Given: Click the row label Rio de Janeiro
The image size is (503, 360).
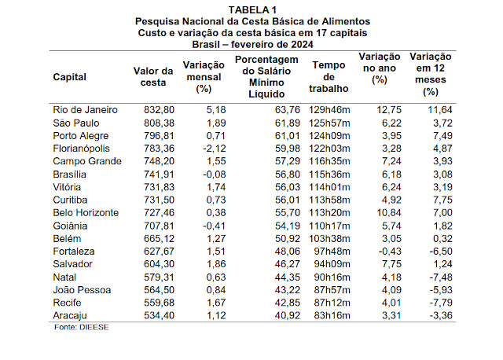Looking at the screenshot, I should pyautogui.click(x=85, y=109).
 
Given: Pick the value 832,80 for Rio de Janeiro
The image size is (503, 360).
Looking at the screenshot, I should pyautogui.click(x=160, y=109).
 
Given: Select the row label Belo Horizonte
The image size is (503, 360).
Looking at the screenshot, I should pyautogui.click(x=86, y=212).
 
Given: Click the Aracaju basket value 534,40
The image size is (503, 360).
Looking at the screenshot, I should pyautogui.click(x=160, y=315).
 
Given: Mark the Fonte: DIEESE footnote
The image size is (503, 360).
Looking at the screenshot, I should pyautogui.click(x=82, y=327).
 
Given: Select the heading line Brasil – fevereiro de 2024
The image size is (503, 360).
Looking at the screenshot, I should pyautogui.click(x=251, y=44).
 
